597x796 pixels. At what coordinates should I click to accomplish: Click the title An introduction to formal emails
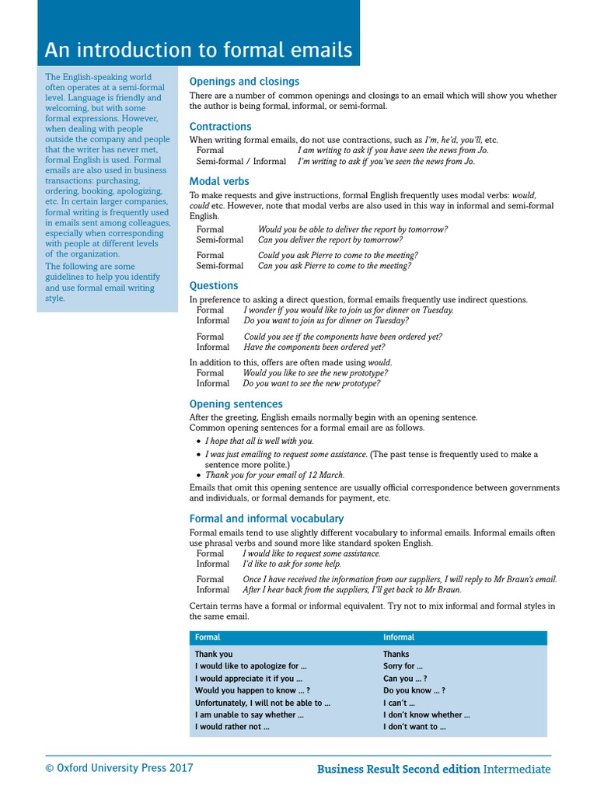[198, 50]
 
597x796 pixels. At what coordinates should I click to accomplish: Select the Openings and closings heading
[244, 81]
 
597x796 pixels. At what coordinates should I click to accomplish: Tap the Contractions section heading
[221, 126]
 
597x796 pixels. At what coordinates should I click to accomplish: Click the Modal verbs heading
[219, 181]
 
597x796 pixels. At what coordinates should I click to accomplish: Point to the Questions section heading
[214, 285]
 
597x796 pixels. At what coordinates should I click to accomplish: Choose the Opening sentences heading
[236, 403]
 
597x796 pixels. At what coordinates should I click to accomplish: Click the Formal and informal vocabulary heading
[267, 518]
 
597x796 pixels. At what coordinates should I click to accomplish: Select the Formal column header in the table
[208, 637]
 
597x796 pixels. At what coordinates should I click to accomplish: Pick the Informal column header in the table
[399, 637]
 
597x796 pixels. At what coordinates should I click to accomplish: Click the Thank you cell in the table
[214, 655]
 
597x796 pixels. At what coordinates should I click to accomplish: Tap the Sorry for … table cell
[403, 666]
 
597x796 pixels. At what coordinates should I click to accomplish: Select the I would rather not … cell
[232, 727]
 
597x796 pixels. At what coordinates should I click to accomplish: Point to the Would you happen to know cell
[252, 690]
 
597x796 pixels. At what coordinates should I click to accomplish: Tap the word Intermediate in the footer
[517, 769]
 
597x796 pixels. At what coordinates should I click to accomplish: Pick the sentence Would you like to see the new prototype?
[316, 373]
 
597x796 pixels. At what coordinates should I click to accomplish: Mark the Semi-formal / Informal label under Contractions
[241, 162]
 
